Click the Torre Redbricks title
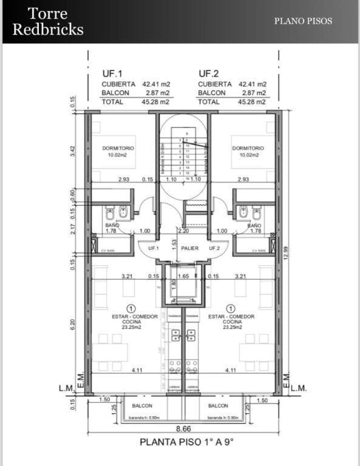(48, 22)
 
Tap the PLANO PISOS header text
(303, 21)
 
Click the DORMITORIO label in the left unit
(118, 148)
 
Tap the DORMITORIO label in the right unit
(246, 148)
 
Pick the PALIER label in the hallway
(190, 248)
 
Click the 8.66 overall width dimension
(184, 428)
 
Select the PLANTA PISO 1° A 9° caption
(186, 442)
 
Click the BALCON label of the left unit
(142, 406)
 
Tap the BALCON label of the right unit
(218, 406)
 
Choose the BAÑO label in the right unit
(255, 225)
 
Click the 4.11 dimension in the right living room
(230, 370)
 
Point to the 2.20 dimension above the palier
(183, 231)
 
